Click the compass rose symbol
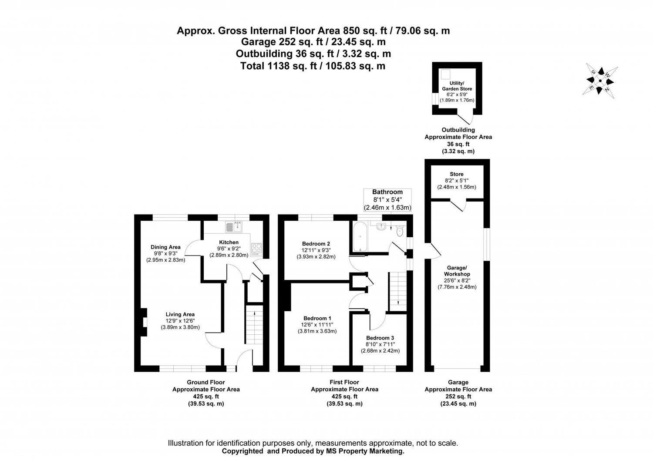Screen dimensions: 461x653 tap(600, 81)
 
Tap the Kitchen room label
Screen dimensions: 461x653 tap(229, 242)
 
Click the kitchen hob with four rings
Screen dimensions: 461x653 tap(256, 249)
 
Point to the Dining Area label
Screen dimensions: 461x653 tap(165, 247)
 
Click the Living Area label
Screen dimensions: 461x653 tap(180, 314)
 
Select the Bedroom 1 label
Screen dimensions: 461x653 tap(316, 318)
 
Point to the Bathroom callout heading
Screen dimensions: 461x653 tap(387, 192)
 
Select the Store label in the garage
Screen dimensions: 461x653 tap(457, 174)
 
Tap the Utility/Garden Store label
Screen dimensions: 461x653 tap(457, 86)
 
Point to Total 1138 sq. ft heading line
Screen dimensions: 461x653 tap(313, 66)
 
